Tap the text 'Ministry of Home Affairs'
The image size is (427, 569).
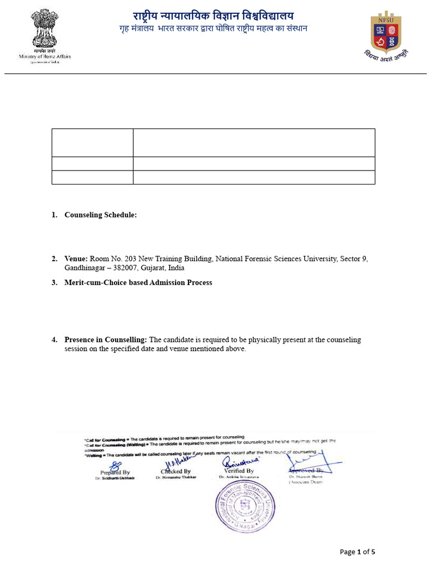point(44,57)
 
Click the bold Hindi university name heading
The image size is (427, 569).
point(213,16)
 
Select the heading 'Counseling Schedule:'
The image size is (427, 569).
point(100,214)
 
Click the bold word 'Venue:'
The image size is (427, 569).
point(76,259)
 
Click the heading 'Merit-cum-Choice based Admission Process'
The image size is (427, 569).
point(138,282)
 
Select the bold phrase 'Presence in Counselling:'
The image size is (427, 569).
point(106,340)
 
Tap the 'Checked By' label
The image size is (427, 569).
point(176,471)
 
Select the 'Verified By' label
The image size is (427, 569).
point(239,471)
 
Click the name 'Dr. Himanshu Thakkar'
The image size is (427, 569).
point(176,477)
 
